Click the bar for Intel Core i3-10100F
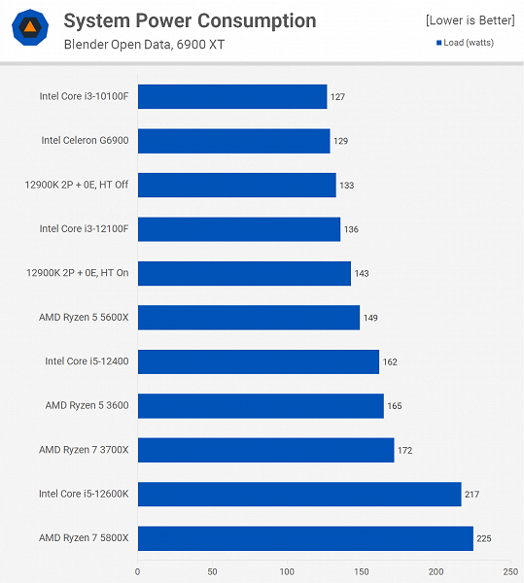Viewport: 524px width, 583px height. click(x=231, y=96)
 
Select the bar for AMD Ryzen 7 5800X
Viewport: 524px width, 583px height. click(x=304, y=537)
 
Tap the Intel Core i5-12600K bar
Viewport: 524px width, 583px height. click(x=298, y=494)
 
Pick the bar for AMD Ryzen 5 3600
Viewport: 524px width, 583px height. click(x=260, y=405)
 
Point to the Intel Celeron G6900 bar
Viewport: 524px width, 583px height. click(x=233, y=140)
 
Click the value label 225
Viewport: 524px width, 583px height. click(x=484, y=538)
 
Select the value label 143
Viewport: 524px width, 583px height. click(x=362, y=273)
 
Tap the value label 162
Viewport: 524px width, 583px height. click(x=390, y=361)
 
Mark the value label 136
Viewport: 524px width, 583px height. click(x=351, y=229)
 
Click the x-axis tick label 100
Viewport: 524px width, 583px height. click(x=287, y=571)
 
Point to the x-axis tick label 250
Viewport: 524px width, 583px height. click(x=510, y=571)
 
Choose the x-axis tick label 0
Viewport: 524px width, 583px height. click(x=137, y=571)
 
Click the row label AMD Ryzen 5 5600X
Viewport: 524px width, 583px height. click(x=84, y=318)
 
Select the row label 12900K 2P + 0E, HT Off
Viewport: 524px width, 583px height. click(x=77, y=185)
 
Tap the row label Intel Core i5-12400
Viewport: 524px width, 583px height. click(x=87, y=361)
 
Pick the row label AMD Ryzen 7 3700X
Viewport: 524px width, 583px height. click(x=84, y=450)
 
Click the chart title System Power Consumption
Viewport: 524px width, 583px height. click(x=190, y=20)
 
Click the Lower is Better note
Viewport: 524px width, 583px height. click(x=469, y=20)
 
